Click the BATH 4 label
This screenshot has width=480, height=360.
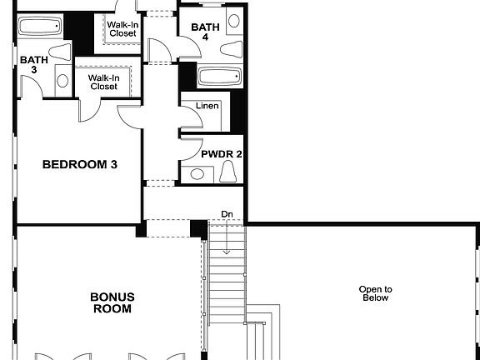point(205,32)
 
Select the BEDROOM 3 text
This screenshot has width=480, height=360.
point(79,165)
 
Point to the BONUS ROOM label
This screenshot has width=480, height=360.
point(112,302)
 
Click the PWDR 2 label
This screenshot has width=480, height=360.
point(222,154)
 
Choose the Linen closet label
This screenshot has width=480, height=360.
point(207,107)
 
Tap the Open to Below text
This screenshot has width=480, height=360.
point(375,293)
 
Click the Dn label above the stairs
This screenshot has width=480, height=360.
point(227,214)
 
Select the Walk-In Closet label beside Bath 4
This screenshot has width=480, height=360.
point(122,28)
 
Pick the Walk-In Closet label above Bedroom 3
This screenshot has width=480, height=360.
point(104,82)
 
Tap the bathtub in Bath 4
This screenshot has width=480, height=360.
point(220,77)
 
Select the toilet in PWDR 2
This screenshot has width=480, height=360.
point(229,172)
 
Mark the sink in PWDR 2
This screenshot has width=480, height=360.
point(197,174)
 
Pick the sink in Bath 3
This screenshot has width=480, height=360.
point(59,52)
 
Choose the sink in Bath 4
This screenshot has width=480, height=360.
point(234,20)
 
